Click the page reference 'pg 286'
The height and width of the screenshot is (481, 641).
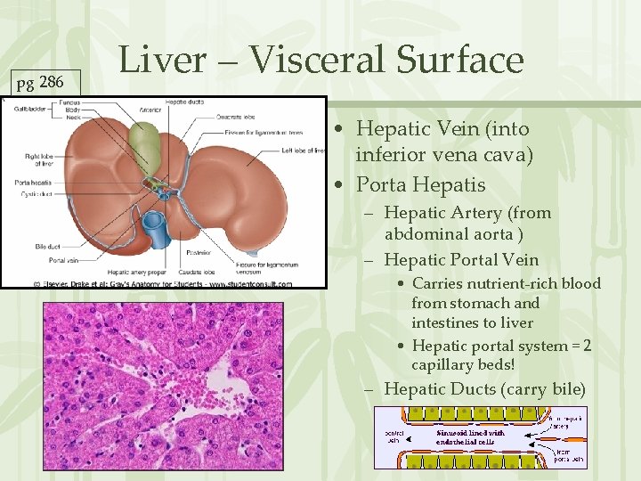(x=40, y=83)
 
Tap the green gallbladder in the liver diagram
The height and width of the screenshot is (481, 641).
(x=144, y=146)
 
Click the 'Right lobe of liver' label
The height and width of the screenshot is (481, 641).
(x=44, y=160)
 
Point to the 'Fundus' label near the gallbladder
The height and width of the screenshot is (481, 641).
(x=70, y=103)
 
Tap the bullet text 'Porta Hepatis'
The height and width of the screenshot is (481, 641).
(x=420, y=184)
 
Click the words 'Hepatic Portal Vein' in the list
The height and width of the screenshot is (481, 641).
(x=461, y=260)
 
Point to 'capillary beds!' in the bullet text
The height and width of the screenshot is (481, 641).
(x=463, y=365)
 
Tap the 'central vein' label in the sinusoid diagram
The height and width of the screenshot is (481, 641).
(x=394, y=436)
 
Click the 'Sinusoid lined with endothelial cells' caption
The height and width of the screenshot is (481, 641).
(x=470, y=436)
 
